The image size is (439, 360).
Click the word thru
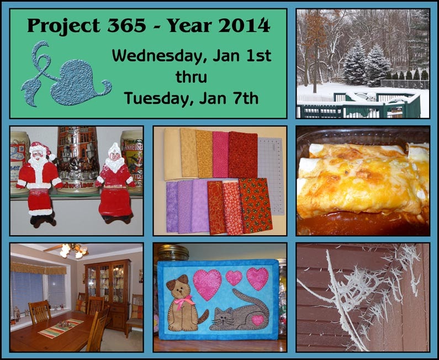click(x=191, y=77)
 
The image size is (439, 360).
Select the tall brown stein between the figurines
click(x=78, y=160)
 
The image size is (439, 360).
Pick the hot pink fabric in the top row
click(x=221, y=154)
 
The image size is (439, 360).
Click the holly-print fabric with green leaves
click(x=255, y=205)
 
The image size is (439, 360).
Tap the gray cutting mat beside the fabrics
click(x=271, y=176)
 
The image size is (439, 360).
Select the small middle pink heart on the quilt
click(x=234, y=278)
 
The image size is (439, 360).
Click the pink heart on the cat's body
click(x=257, y=321)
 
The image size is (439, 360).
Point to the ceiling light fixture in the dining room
click(x=73, y=250)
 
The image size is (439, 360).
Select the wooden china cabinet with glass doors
click(x=108, y=294)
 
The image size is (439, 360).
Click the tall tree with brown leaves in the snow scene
click(x=316, y=47)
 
